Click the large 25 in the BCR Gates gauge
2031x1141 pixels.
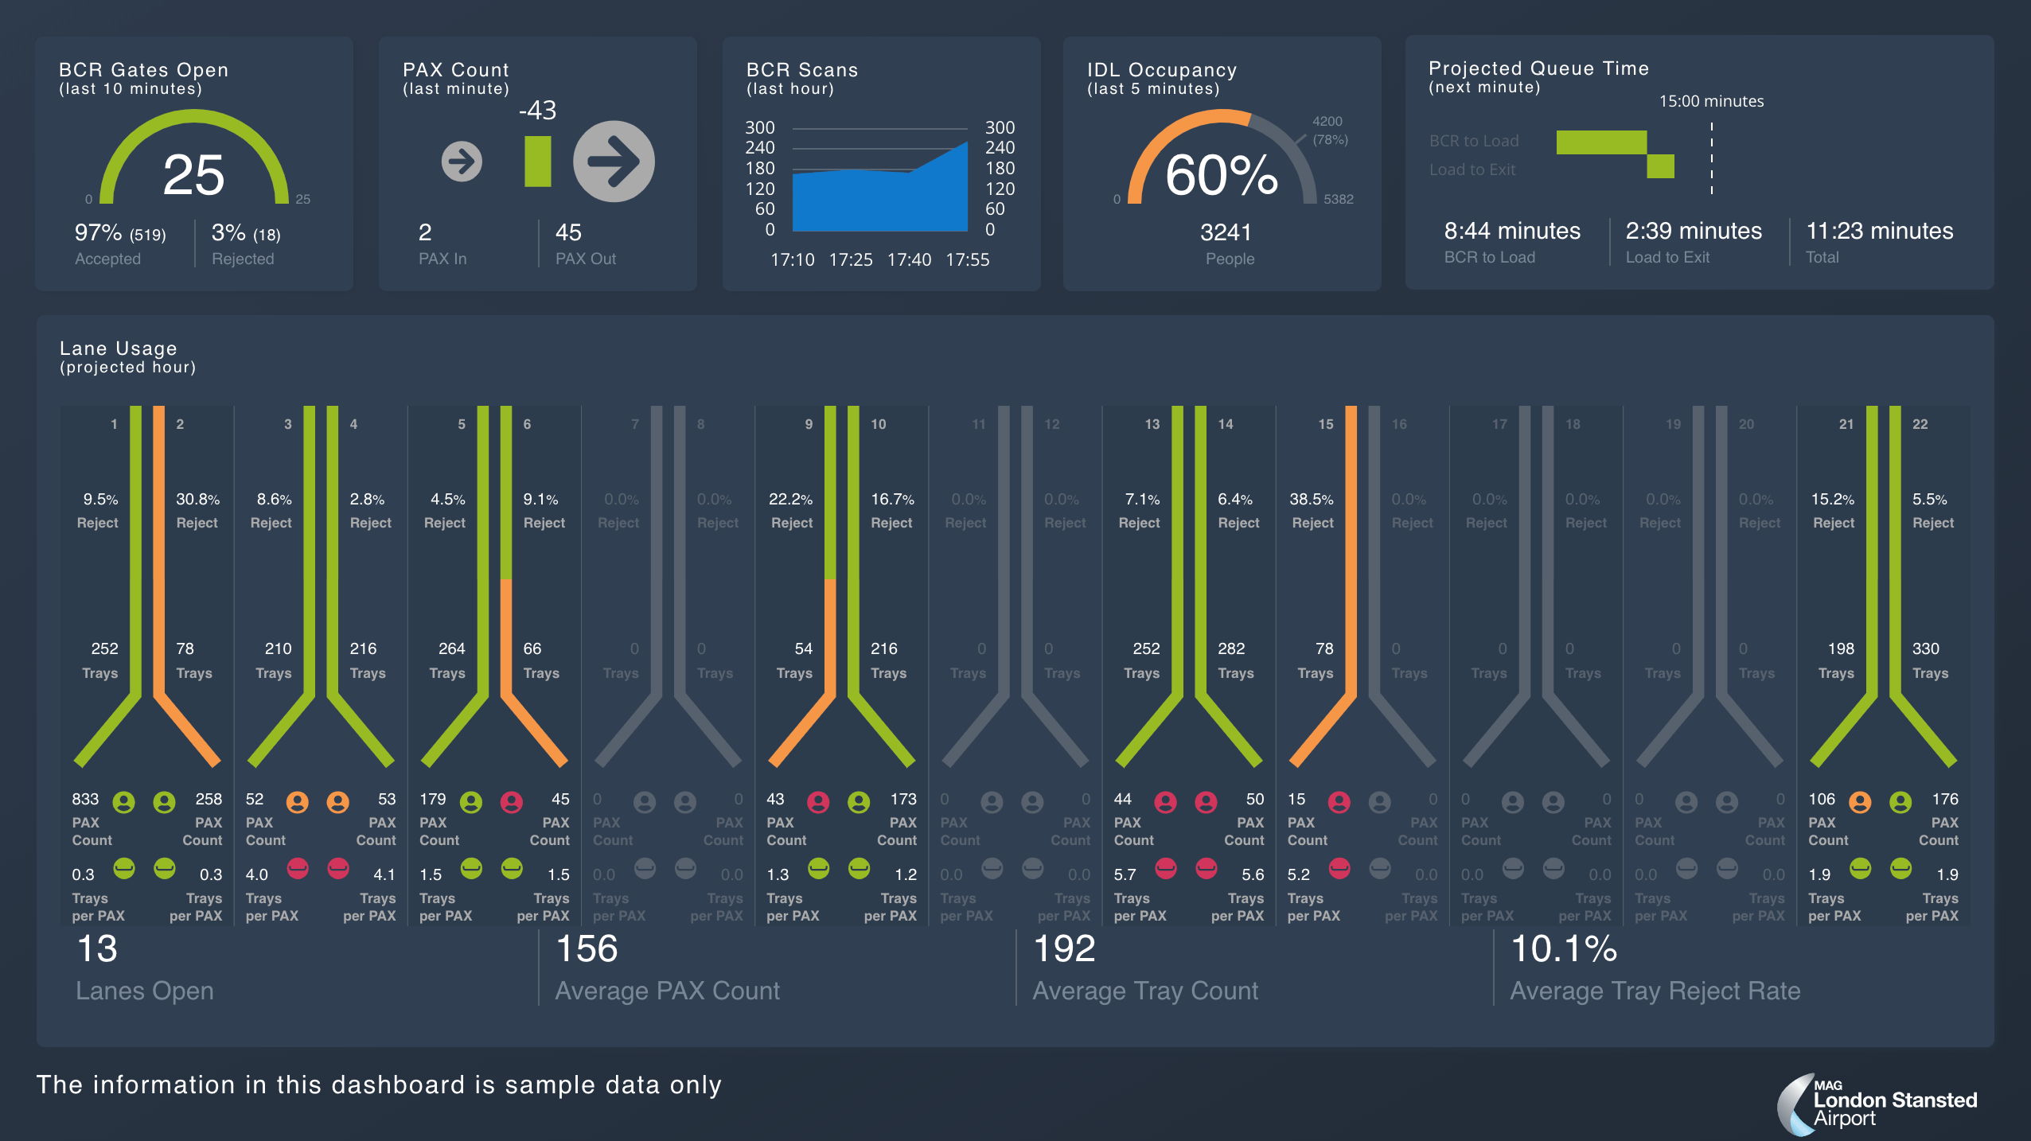193,175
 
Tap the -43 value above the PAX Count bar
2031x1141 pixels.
537,110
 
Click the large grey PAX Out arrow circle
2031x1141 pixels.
614,162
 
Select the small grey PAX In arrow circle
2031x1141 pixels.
462,162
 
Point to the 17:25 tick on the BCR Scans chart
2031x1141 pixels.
851,260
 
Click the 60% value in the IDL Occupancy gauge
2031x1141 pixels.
1222,175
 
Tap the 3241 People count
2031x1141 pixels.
1226,232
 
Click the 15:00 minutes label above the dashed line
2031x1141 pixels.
1711,101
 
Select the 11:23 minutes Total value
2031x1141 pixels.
1879,231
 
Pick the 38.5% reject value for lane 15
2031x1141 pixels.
1311,500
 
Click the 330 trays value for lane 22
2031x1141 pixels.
1925,648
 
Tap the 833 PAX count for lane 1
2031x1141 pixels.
85,799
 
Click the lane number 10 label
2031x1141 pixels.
878,424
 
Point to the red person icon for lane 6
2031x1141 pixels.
512,802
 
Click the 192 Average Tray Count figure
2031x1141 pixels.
1064,948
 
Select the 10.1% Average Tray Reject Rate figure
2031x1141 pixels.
1563,948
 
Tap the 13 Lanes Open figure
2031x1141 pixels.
97,948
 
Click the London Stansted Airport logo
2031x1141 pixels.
1878,1104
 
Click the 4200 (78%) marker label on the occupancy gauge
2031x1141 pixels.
1329,130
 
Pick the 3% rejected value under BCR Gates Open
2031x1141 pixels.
228,233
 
